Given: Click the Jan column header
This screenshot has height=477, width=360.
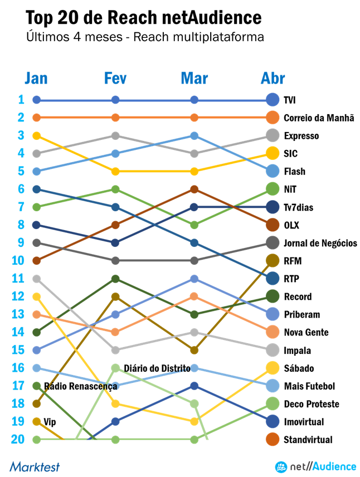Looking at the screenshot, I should (x=36, y=79).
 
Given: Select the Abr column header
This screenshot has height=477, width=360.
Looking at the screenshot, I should (x=273, y=79).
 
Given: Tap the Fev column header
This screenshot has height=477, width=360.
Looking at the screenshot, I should (x=115, y=79).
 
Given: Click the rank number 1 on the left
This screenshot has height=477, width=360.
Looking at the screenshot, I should (x=21, y=100).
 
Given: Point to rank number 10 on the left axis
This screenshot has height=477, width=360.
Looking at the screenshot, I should (x=18, y=261).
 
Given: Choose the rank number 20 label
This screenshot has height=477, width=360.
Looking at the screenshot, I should (x=18, y=439).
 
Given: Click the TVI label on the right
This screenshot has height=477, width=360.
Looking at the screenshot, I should (x=289, y=100).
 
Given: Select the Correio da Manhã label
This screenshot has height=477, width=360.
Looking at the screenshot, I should (x=319, y=118).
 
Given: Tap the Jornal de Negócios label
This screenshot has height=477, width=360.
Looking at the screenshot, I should (x=320, y=243).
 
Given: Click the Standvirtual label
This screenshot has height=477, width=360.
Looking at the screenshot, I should (x=308, y=440).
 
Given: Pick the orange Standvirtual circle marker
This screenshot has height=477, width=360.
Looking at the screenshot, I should (x=273, y=440).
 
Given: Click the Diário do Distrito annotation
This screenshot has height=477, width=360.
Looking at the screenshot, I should (x=157, y=368).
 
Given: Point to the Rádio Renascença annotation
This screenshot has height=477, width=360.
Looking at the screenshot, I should (x=81, y=386).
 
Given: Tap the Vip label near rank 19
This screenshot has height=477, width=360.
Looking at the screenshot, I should (x=50, y=422).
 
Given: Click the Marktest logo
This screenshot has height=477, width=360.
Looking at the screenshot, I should (x=35, y=466).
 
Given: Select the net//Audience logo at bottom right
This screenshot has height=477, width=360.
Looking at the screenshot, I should (x=315, y=466).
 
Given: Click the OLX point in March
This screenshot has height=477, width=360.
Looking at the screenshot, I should (x=194, y=189).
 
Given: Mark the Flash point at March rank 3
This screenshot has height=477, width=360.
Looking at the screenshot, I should (x=194, y=135).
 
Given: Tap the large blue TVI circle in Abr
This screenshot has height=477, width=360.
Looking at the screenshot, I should (x=273, y=100).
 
